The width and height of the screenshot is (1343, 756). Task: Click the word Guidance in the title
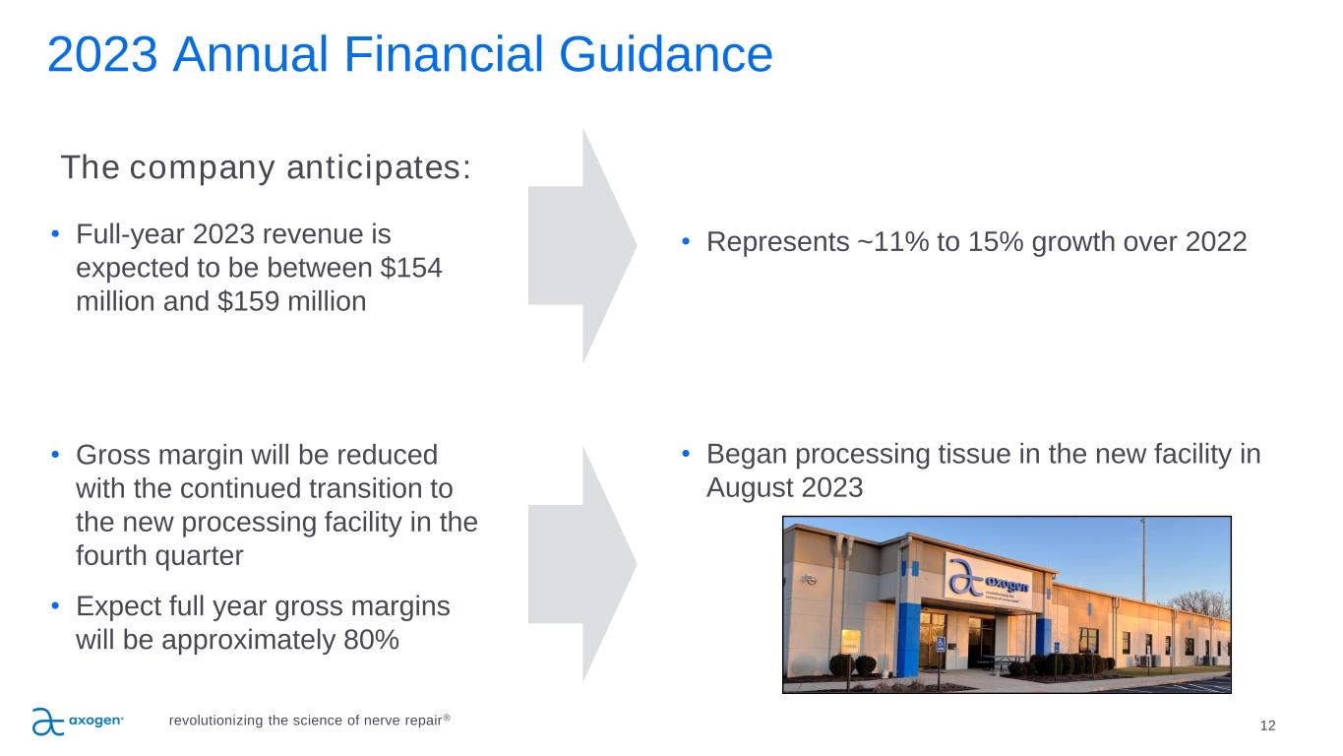(665, 56)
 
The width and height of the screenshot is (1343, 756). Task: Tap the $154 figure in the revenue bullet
(410, 268)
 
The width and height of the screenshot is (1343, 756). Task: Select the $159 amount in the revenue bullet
(248, 301)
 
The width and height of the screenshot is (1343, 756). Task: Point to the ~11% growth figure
(892, 242)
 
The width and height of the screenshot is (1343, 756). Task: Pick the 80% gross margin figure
(371, 640)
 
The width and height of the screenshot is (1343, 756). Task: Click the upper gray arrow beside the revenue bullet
(582, 245)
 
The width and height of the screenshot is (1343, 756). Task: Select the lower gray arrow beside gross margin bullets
(582, 564)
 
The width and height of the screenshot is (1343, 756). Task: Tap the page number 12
(1267, 725)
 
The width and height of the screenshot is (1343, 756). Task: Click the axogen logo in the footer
(78, 722)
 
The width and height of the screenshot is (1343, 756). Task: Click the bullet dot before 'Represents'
(686, 242)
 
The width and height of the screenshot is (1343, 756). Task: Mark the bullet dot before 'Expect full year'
(55, 606)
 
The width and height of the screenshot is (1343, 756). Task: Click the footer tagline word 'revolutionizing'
(215, 721)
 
